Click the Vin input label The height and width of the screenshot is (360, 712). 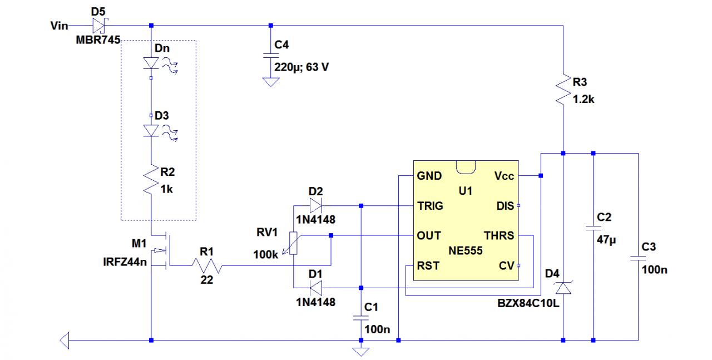(59, 26)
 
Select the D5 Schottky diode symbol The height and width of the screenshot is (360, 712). (99, 25)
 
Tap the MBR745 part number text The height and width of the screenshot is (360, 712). (98, 41)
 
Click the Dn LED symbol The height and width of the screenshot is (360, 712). (151, 64)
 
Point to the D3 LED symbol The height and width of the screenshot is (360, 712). (151, 130)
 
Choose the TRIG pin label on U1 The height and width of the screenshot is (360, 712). (430, 206)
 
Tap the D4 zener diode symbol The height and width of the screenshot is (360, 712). (563, 287)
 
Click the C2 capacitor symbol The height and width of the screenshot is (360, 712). (593, 229)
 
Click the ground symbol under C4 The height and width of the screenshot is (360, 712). (271, 82)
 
